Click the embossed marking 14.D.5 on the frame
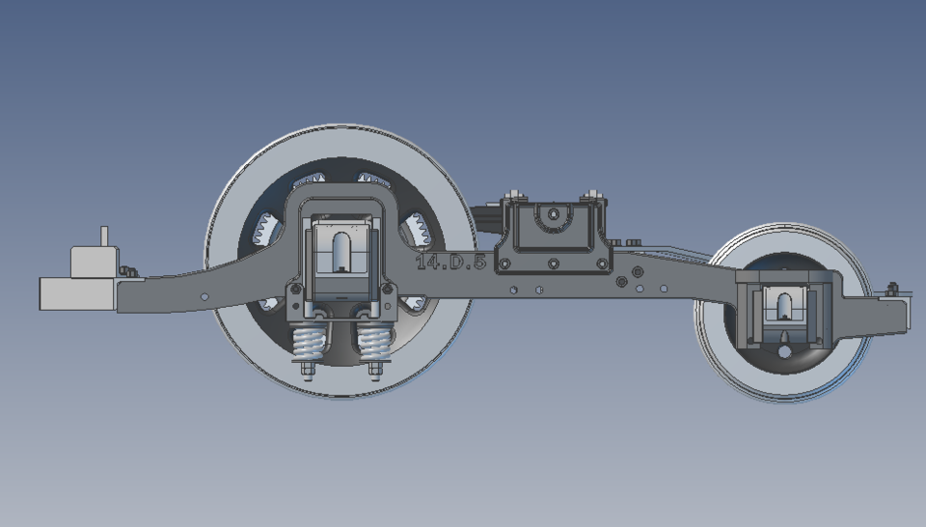point(450,261)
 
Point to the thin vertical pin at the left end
point(105,236)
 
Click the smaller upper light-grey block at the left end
point(95,262)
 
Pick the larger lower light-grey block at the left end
point(77,293)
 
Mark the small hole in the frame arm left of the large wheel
point(204,295)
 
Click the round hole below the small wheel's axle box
point(784,351)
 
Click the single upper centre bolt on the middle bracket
point(554,214)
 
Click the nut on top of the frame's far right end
point(892,289)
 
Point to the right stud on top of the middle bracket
point(591,197)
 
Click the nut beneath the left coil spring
point(308,369)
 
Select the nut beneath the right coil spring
point(373,369)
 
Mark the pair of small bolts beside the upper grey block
point(127,271)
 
